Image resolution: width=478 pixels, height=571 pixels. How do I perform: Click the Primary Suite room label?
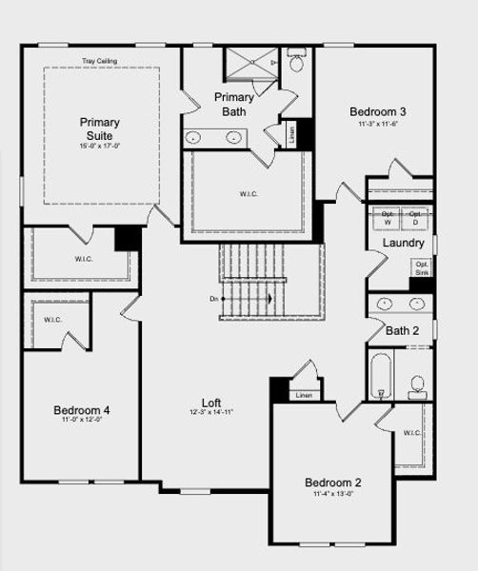tap(100, 128)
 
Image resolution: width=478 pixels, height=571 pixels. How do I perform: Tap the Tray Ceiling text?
tap(100, 60)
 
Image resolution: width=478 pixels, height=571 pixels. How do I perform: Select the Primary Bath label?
tap(234, 105)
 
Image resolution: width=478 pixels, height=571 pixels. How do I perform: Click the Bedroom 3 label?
tap(377, 110)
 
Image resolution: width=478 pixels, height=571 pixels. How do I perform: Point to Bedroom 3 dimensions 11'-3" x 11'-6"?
tap(377, 124)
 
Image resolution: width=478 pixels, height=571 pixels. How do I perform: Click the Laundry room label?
tap(404, 244)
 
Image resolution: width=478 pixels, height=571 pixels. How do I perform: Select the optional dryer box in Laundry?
tap(415, 219)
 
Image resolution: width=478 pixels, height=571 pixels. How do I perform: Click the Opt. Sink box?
tap(422, 268)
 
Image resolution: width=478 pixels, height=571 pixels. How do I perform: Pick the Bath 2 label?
tap(402, 331)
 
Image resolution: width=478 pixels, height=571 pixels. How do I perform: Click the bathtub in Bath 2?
tap(382, 377)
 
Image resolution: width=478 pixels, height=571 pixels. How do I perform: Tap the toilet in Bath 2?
tap(417, 384)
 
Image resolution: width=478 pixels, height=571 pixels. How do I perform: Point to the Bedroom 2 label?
tap(332, 482)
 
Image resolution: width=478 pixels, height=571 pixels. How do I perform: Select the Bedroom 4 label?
tap(81, 410)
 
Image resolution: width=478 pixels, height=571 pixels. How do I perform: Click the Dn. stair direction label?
tap(214, 299)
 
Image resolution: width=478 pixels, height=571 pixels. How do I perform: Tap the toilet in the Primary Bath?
tap(295, 65)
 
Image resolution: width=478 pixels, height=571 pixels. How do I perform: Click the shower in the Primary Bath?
tap(250, 65)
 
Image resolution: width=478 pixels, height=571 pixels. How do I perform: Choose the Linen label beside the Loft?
tap(304, 395)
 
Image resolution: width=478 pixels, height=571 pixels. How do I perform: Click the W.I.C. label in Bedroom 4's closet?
tap(52, 320)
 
